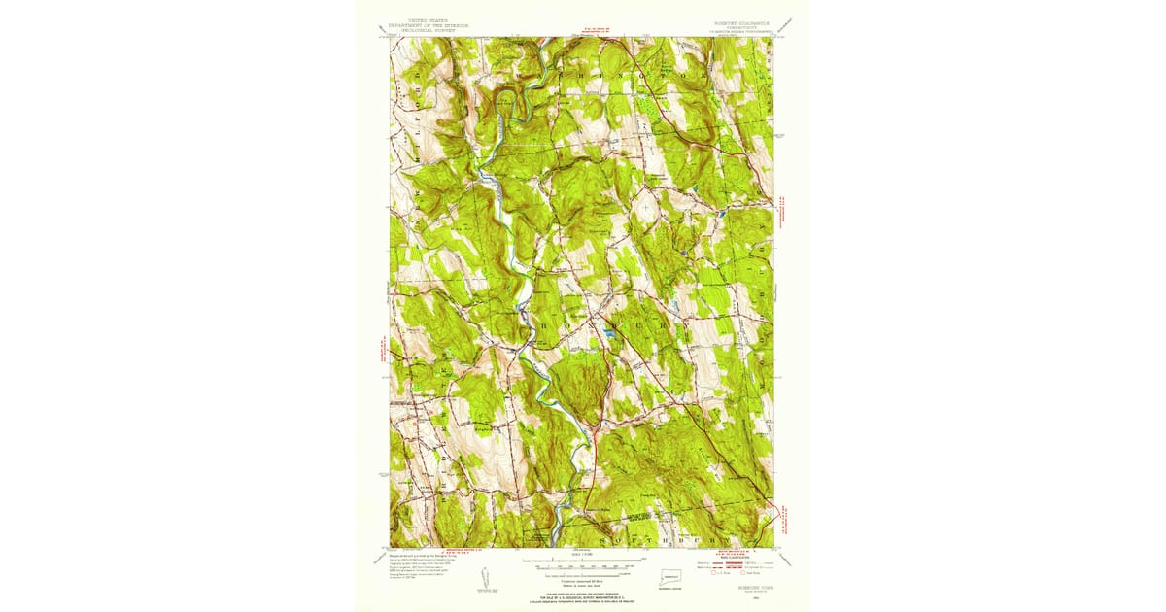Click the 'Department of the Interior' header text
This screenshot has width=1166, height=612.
pyautogui.click(x=429, y=25)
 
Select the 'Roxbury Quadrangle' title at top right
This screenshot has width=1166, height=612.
pyautogui.click(x=737, y=20)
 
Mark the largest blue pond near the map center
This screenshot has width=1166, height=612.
pyautogui.click(x=609, y=333)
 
